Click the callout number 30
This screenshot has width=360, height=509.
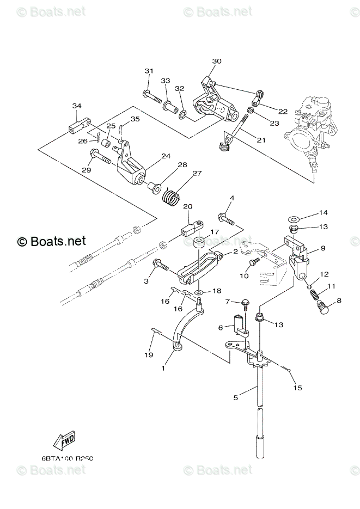point(217,62)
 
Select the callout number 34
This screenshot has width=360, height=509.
point(77,106)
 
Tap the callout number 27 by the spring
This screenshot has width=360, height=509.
point(197,174)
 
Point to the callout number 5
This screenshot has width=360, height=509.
point(236,398)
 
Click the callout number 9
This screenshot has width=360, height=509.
point(323,248)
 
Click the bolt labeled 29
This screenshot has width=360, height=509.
point(101,159)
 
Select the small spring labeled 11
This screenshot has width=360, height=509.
point(314,296)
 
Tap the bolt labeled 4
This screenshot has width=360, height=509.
point(227,219)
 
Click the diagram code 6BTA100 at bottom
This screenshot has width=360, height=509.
point(67,459)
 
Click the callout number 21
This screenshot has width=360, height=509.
point(261,140)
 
